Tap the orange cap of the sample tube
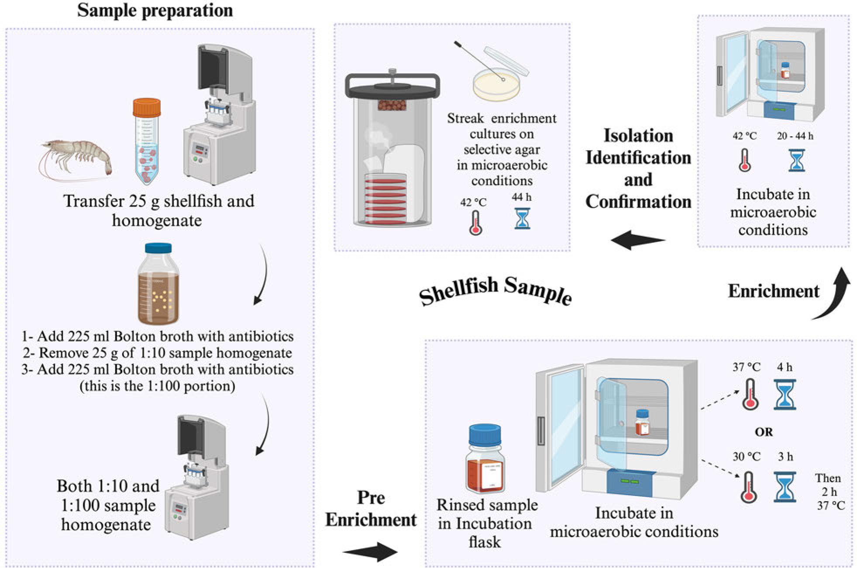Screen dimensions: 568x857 [x=147, y=107]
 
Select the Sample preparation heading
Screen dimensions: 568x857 [x=155, y=10]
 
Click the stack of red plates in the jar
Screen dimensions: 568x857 [x=385, y=199]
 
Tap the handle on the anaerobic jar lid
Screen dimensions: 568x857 [x=392, y=79]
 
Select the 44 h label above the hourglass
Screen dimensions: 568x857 [x=522, y=197]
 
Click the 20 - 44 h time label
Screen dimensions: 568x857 [x=795, y=136]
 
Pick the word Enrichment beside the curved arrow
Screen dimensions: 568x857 [x=774, y=291]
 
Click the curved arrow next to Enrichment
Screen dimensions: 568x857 [x=834, y=295]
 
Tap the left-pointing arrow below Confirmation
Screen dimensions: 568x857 [x=637, y=240]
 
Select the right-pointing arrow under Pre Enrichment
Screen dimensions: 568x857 [x=370, y=552]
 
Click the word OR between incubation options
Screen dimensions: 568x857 [x=764, y=432]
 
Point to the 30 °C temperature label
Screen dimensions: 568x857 [x=747, y=457]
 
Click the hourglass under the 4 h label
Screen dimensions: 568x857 [x=785, y=394]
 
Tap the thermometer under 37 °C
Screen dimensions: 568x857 [x=750, y=394]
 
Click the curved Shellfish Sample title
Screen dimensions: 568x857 [x=496, y=290]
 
